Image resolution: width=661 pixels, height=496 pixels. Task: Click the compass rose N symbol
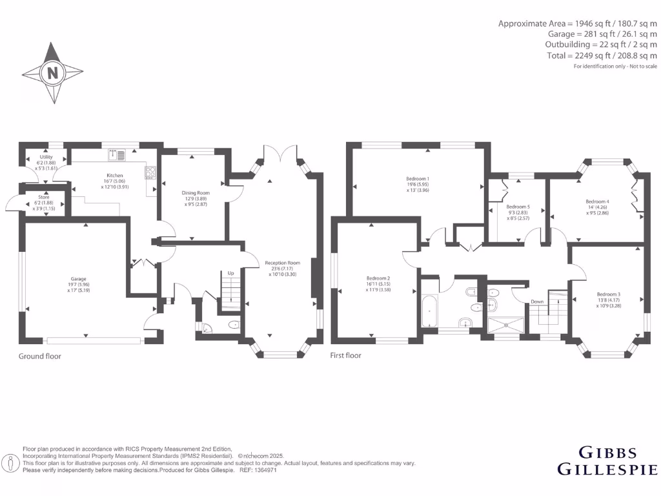[x=52, y=72]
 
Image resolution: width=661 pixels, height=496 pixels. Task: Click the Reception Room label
[x=282, y=263]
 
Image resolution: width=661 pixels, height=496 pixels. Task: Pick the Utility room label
[x=45, y=157]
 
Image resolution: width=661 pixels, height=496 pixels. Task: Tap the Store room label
[x=44, y=197]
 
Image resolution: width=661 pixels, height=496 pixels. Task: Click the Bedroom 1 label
[x=418, y=178]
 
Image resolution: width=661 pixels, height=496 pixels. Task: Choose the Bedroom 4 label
[x=597, y=201]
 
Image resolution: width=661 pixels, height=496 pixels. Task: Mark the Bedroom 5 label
[x=518, y=207]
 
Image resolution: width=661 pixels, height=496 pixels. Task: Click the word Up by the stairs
[x=230, y=273]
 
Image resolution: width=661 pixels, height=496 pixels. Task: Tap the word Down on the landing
[x=537, y=302]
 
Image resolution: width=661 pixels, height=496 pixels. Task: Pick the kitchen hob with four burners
[x=151, y=172]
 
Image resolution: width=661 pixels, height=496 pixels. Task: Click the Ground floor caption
[x=39, y=355]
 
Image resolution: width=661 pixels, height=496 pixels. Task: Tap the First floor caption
[x=346, y=355]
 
